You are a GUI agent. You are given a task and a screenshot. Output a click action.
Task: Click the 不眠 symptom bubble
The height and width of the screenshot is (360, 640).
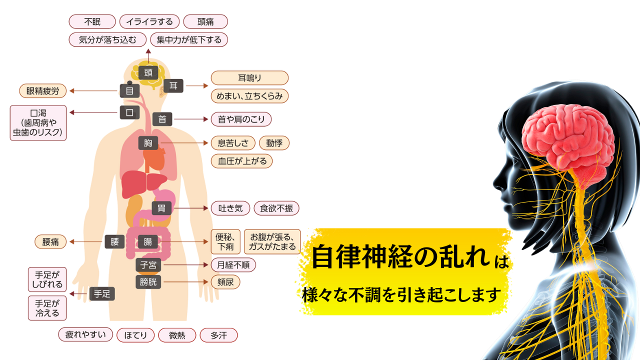pyautogui.click(x=92, y=21)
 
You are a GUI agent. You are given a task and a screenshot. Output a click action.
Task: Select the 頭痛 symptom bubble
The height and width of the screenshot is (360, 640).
pyautogui.click(x=205, y=21)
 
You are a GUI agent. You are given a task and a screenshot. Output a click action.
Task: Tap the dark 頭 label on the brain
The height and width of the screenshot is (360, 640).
pyautogui.click(x=148, y=72)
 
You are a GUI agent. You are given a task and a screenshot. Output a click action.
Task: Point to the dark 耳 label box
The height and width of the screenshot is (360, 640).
pyautogui.click(x=173, y=85)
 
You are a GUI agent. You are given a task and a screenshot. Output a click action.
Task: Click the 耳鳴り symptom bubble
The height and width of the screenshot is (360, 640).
pyautogui.click(x=249, y=78)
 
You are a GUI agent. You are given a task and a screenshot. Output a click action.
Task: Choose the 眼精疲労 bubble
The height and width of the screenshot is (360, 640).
pyautogui.click(x=42, y=90)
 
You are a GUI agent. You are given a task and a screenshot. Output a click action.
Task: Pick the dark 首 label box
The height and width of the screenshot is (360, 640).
pyautogui.click(x=162, y=119)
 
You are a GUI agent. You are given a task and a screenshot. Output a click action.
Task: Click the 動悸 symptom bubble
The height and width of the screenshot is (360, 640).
pyautogui.click(x=274, y=143)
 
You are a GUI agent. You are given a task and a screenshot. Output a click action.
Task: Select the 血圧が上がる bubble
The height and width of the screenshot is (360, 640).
pyautogui.click(x=242, y=161)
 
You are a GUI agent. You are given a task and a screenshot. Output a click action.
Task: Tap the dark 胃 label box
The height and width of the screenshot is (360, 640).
pyautogui.click(x=161, y=208)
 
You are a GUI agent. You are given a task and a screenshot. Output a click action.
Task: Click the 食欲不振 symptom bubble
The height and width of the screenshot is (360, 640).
pyautogui.click(x=276, y=208)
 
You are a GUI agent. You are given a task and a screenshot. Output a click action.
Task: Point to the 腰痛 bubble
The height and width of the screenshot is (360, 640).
pyautogui.click(x=50, y=242)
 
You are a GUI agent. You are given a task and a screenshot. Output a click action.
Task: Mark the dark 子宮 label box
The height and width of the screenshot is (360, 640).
pyautogui.click(x=148, y=265)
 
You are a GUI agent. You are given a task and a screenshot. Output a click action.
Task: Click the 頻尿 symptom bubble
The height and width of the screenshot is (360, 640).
pyautogui.click(x=225, y=282)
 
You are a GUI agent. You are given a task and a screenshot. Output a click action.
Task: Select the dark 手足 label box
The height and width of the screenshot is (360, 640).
pyautogui.click(x=101, y=294)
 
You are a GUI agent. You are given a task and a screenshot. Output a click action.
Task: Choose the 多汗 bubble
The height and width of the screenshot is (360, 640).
pyautogui.click(x=218, y=335)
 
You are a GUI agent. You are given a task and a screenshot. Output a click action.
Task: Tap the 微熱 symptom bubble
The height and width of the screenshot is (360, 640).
pyautogui.click(x=177, y=335)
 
